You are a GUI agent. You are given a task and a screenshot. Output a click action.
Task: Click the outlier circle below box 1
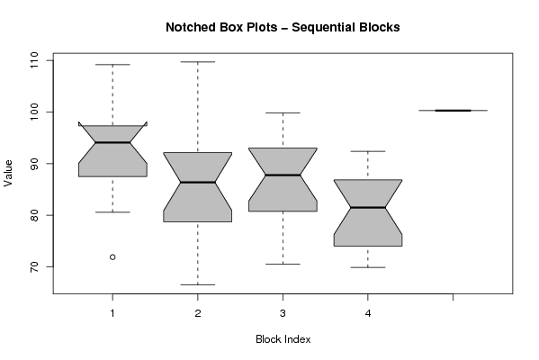coord(112,256)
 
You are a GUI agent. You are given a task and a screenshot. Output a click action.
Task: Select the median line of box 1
coord(112,142)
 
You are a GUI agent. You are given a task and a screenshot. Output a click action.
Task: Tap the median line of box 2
coord(198,182)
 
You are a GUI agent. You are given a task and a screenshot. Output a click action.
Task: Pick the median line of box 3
coord(283,175)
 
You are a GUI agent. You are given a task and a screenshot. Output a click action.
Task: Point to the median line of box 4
coord(368,207)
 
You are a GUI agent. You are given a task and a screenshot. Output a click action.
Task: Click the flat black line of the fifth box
coord(453,111)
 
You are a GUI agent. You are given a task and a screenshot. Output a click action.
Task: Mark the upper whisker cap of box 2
coord(198,62)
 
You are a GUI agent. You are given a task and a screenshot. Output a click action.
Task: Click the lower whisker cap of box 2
coord(198,284)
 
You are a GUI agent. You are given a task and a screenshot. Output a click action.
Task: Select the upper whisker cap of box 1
coord(112,64)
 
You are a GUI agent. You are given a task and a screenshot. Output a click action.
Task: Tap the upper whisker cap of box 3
coord(283,112)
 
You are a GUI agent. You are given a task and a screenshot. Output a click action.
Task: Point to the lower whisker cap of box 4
coord(368,267)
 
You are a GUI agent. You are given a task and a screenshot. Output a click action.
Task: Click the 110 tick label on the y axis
coord(34,60)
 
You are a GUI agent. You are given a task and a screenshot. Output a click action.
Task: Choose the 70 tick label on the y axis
coord(34,266)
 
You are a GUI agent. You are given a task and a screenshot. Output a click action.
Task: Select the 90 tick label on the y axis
coord(34,164)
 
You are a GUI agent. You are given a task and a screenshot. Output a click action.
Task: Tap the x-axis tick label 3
coord(283,313)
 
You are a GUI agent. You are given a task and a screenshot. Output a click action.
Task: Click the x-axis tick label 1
coord(112,313)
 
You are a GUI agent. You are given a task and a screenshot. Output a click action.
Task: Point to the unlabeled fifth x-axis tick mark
coord(453,297)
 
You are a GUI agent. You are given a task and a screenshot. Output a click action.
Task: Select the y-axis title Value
coord(8,174)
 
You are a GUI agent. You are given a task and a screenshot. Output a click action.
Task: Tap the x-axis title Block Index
coord(283,339)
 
